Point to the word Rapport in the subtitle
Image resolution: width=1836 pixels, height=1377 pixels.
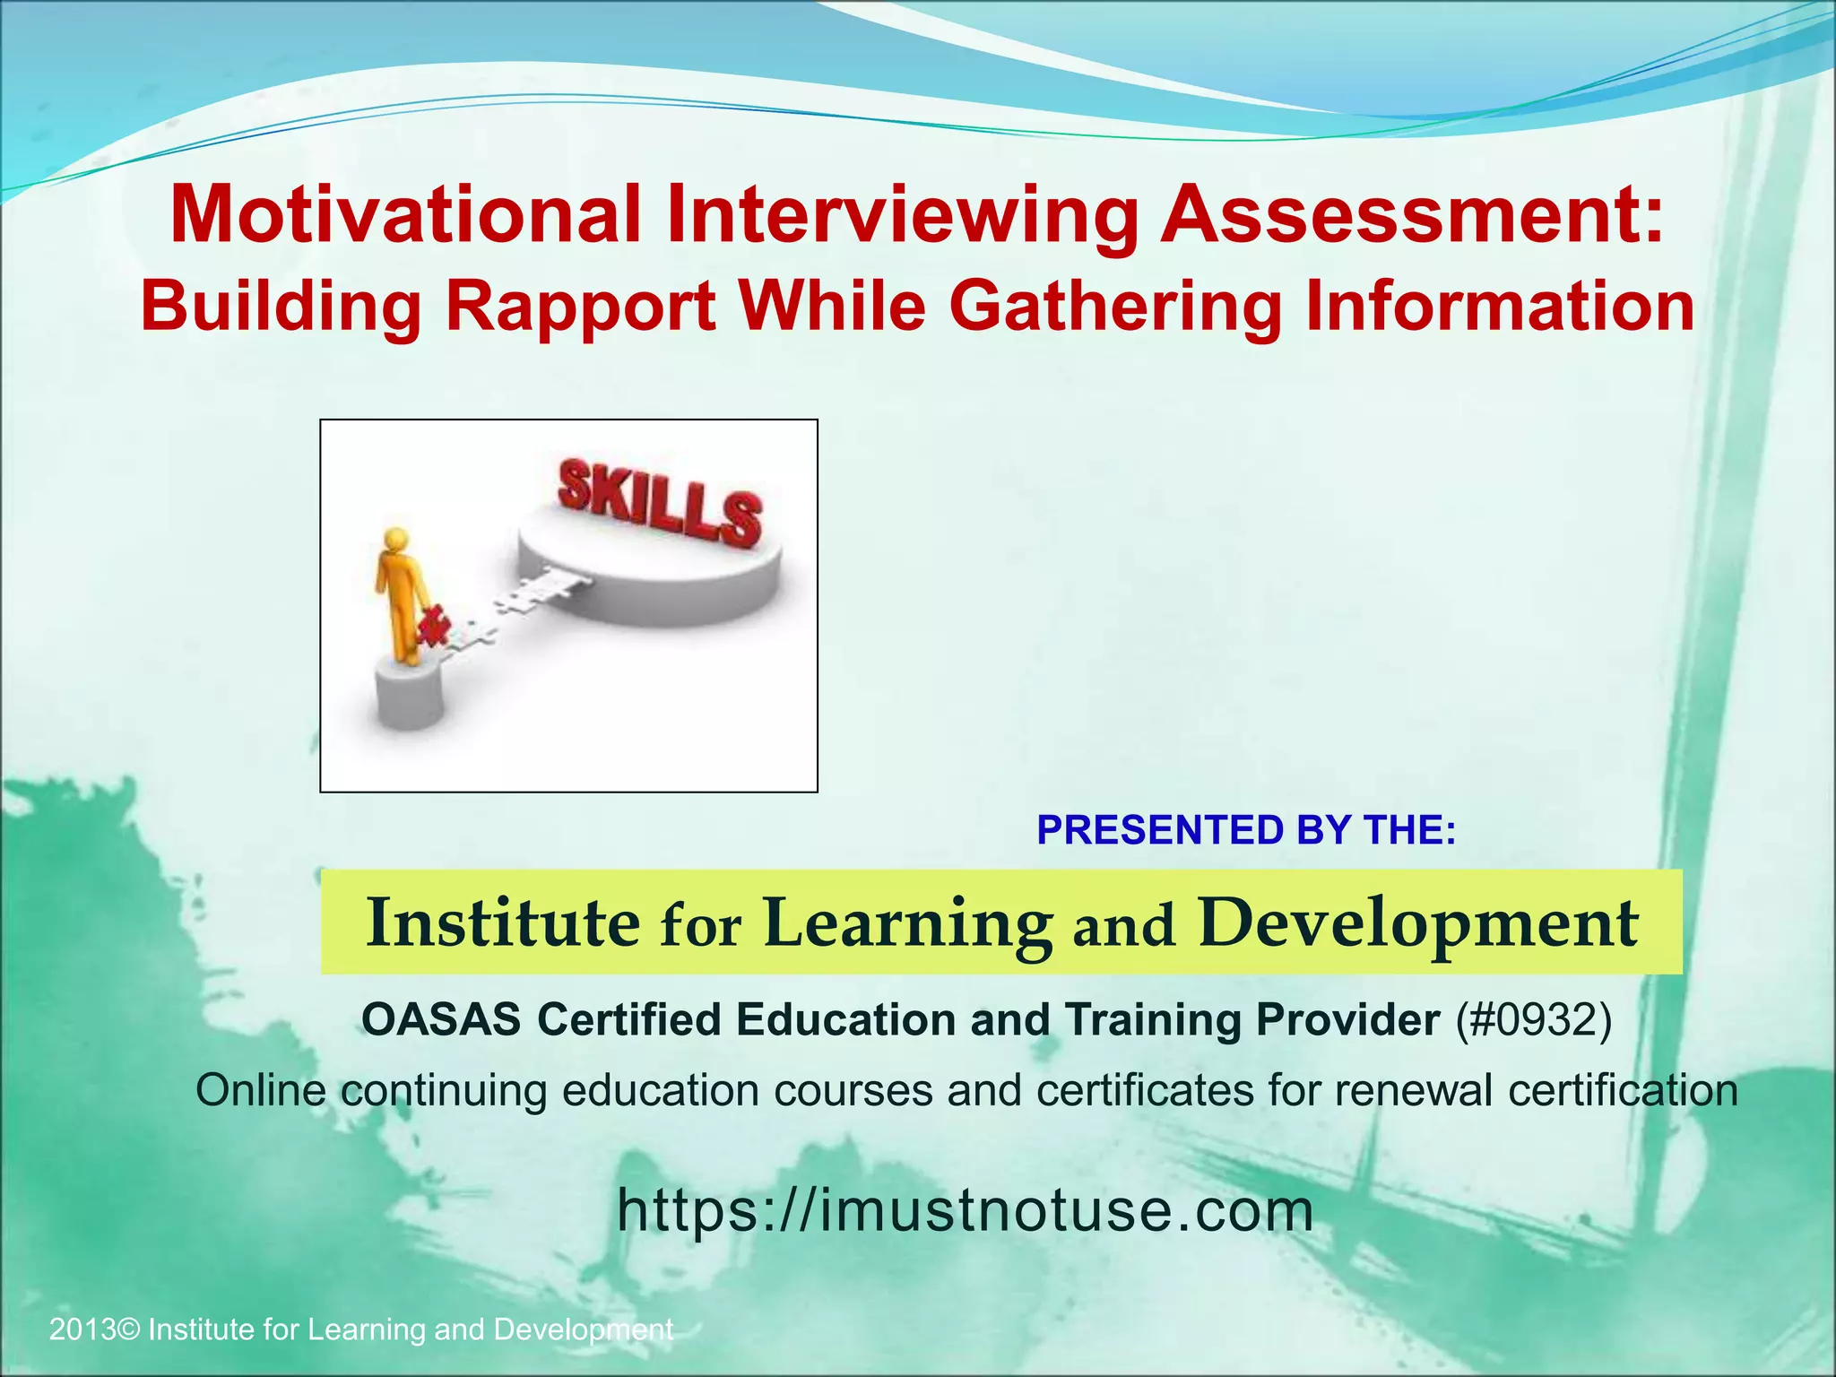581,306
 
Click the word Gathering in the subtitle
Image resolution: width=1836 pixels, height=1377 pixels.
1115,307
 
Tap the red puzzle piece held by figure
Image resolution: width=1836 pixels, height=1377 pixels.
433,625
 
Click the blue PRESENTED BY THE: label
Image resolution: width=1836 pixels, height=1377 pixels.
1246,830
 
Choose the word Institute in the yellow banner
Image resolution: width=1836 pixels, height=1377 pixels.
504,922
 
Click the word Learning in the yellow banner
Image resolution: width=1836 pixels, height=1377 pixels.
908,924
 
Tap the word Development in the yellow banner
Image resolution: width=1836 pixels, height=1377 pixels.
1418,924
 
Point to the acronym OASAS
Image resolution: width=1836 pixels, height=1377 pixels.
441,1019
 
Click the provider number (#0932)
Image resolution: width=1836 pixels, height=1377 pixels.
1533,1019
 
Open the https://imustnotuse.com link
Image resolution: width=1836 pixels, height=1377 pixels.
966,1210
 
